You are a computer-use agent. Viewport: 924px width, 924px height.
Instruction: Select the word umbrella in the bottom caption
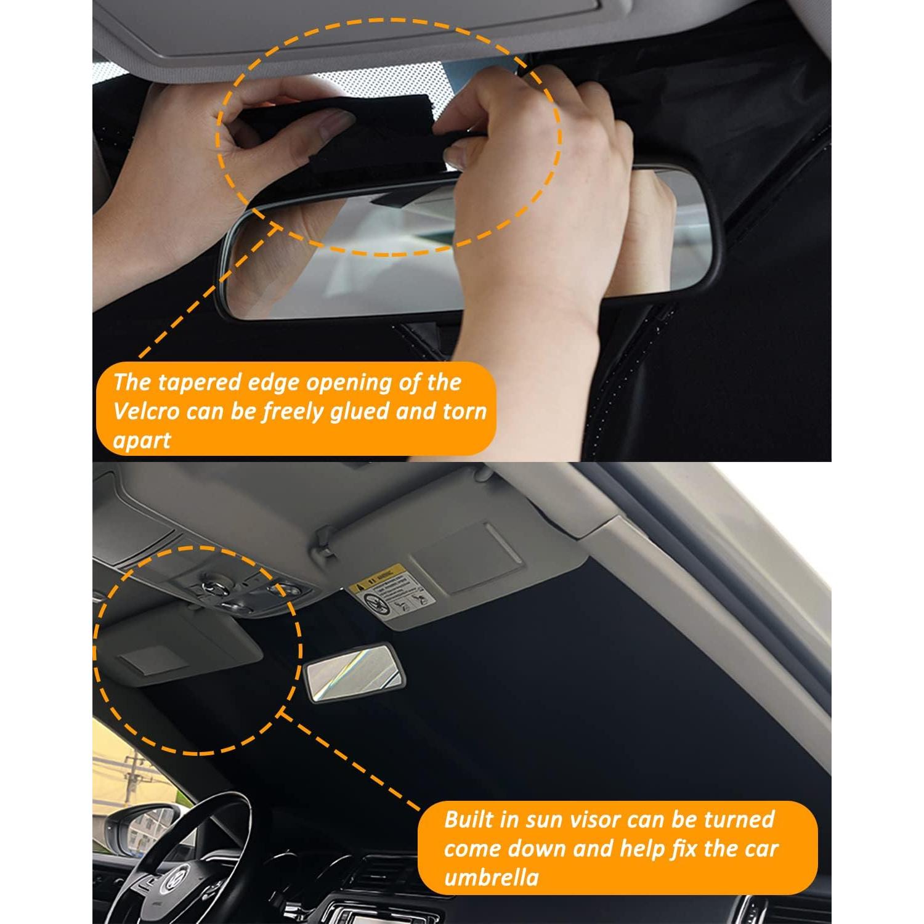[491, 877]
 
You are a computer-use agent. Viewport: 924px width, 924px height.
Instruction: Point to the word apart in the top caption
[141, 440]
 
